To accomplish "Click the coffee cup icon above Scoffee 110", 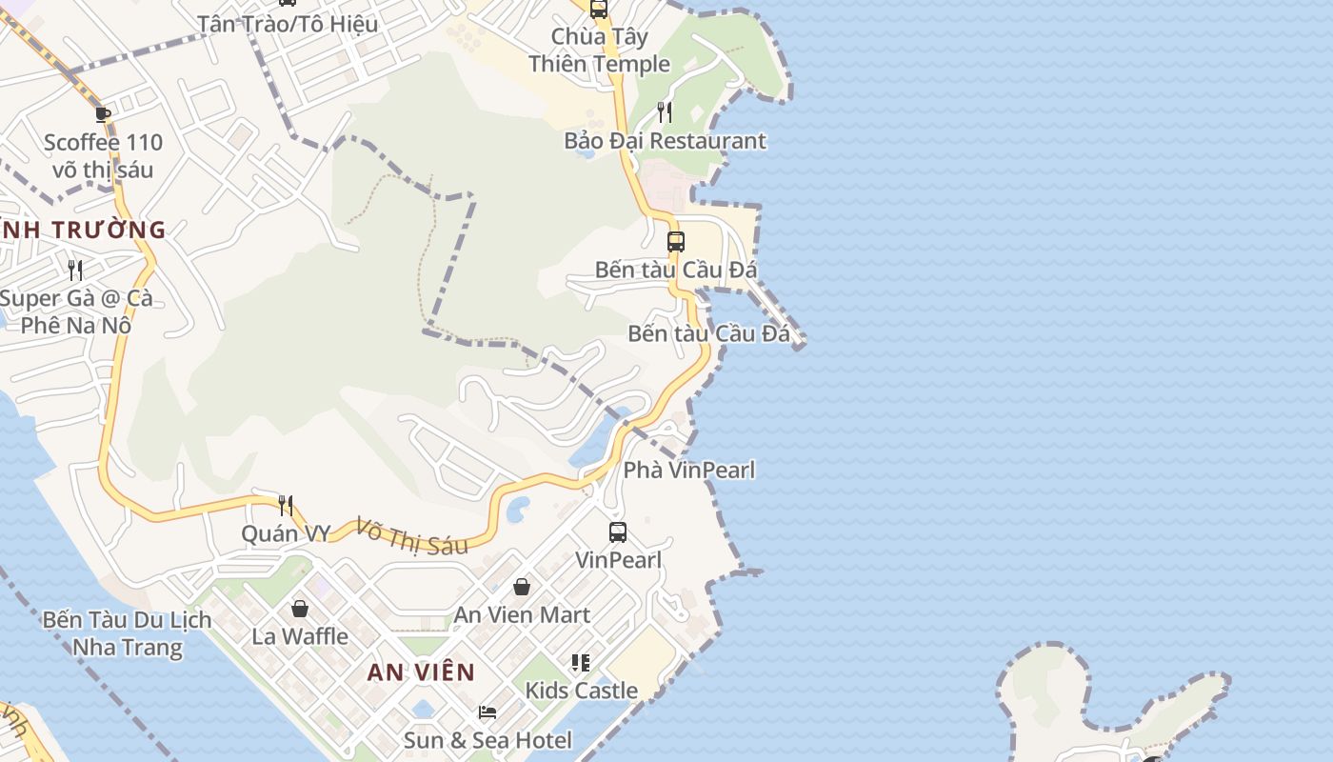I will pos(103,115).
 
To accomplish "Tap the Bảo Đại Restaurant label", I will pos(665,141).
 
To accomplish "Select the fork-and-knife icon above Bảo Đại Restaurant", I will pos(665,112).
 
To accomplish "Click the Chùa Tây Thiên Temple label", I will pos(599,50).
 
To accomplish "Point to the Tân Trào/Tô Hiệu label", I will pos(288,24).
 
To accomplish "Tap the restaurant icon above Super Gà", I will pos(75,271).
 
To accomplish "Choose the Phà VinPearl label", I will pos(688,470).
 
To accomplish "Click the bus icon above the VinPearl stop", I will pos(618,532).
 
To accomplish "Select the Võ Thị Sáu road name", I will pos(412,535).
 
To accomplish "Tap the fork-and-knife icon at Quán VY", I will pos(285,505).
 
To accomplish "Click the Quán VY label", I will pos(285,533).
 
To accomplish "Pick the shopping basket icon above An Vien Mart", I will pos(522,587).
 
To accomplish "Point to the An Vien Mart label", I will pos(522,614).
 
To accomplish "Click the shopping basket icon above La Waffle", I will pos(300,608).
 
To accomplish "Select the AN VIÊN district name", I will pos(421,672).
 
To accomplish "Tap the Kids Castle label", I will pos(581,690).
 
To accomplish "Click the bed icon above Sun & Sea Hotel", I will pos(487,712).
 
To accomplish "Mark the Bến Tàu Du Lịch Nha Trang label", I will pos(128,633).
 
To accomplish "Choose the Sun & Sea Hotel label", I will pos(487,740).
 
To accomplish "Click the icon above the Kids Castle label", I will pos(581,662).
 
